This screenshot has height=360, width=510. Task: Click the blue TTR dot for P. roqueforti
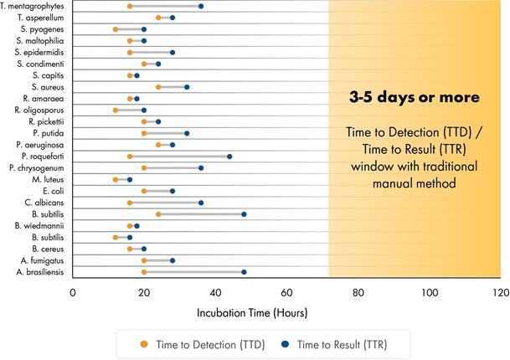[x=229, y=156]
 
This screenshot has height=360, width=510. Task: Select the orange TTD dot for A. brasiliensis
[x=144, y=271]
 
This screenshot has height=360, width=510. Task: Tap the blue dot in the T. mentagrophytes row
[x=201, y=6]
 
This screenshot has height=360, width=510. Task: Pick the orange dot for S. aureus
[x=158, y=86]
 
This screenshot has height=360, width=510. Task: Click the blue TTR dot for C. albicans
[x=201, y=202]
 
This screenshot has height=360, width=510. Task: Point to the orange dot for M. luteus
[x=116, y=179]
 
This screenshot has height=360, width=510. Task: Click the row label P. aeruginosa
[x=39, y=144]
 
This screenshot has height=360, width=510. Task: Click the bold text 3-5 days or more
[x=415, y=97]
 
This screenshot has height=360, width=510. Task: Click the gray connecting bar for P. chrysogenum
[x=173, y=167]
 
